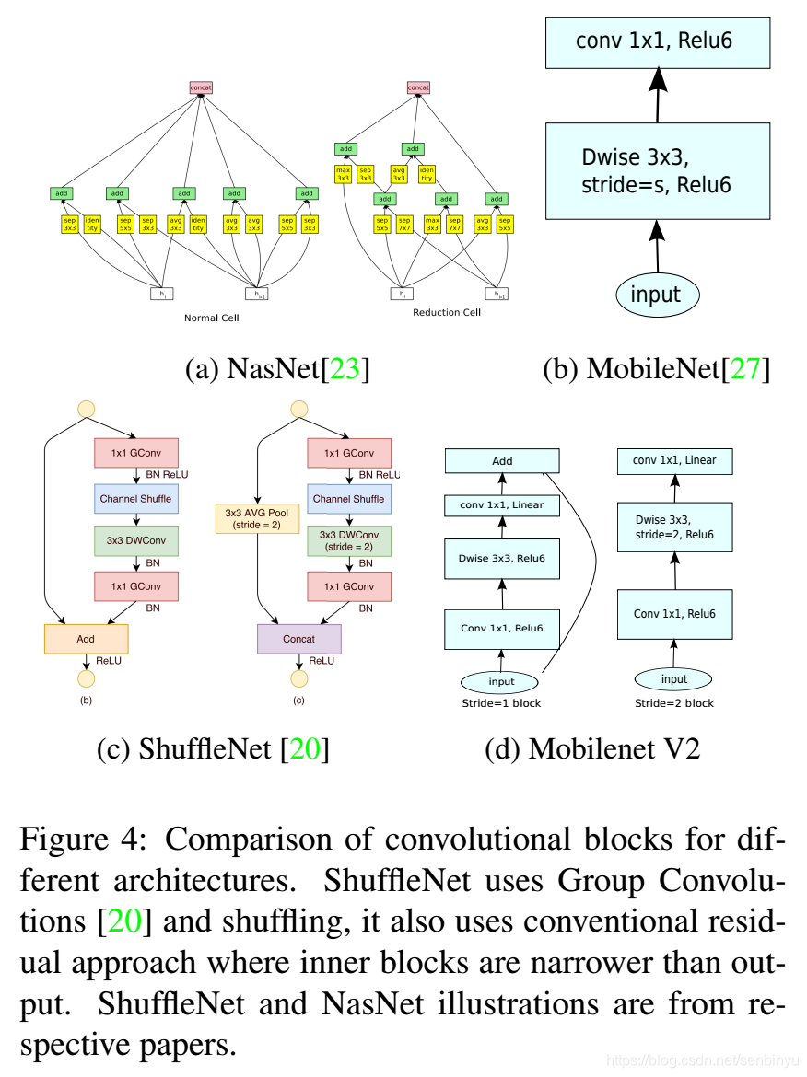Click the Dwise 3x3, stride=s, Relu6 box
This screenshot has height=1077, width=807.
click(x=656, y=170)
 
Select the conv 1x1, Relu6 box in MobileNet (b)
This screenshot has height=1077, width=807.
click(x=656, y=41)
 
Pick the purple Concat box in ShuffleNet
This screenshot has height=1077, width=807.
click(x=298, y=639)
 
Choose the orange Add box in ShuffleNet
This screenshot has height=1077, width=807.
click(x=86, y=639)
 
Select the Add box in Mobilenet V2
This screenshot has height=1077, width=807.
click(x=502, y=461)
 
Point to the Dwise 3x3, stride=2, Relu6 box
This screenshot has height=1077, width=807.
click(x=674, y=527)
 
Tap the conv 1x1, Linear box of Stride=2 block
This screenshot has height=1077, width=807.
click(x=674, y=461)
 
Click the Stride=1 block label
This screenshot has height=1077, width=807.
click(x=502, y=703)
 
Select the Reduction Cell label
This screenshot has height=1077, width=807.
click(x=447, y=312)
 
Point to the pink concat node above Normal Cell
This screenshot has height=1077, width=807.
click(x=202, y=87)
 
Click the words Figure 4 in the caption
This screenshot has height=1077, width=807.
click(x=79, y=840)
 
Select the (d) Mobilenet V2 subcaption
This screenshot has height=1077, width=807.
click(x=592, y=748)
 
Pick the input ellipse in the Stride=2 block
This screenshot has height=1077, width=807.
click(x=674, y=679)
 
